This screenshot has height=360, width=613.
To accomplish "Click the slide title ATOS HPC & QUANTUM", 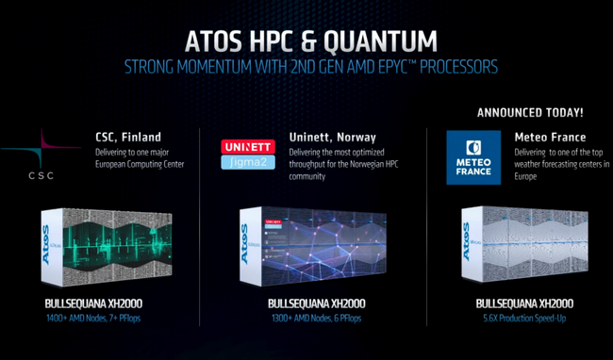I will (x=310, y=41).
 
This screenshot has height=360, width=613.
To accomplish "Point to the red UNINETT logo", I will (x=246, y=147).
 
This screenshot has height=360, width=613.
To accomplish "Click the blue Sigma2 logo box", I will (x=246, y=163).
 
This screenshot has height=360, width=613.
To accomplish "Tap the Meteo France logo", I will (x=473, y=156).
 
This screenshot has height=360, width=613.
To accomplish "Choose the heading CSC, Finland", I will (x=128, y=136).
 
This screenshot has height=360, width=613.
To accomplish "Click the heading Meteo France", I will (x=550, y=138).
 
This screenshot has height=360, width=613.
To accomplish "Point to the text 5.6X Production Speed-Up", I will (x=522, y=319).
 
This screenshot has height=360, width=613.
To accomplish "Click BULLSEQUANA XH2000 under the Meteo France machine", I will (x=522, y=303).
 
